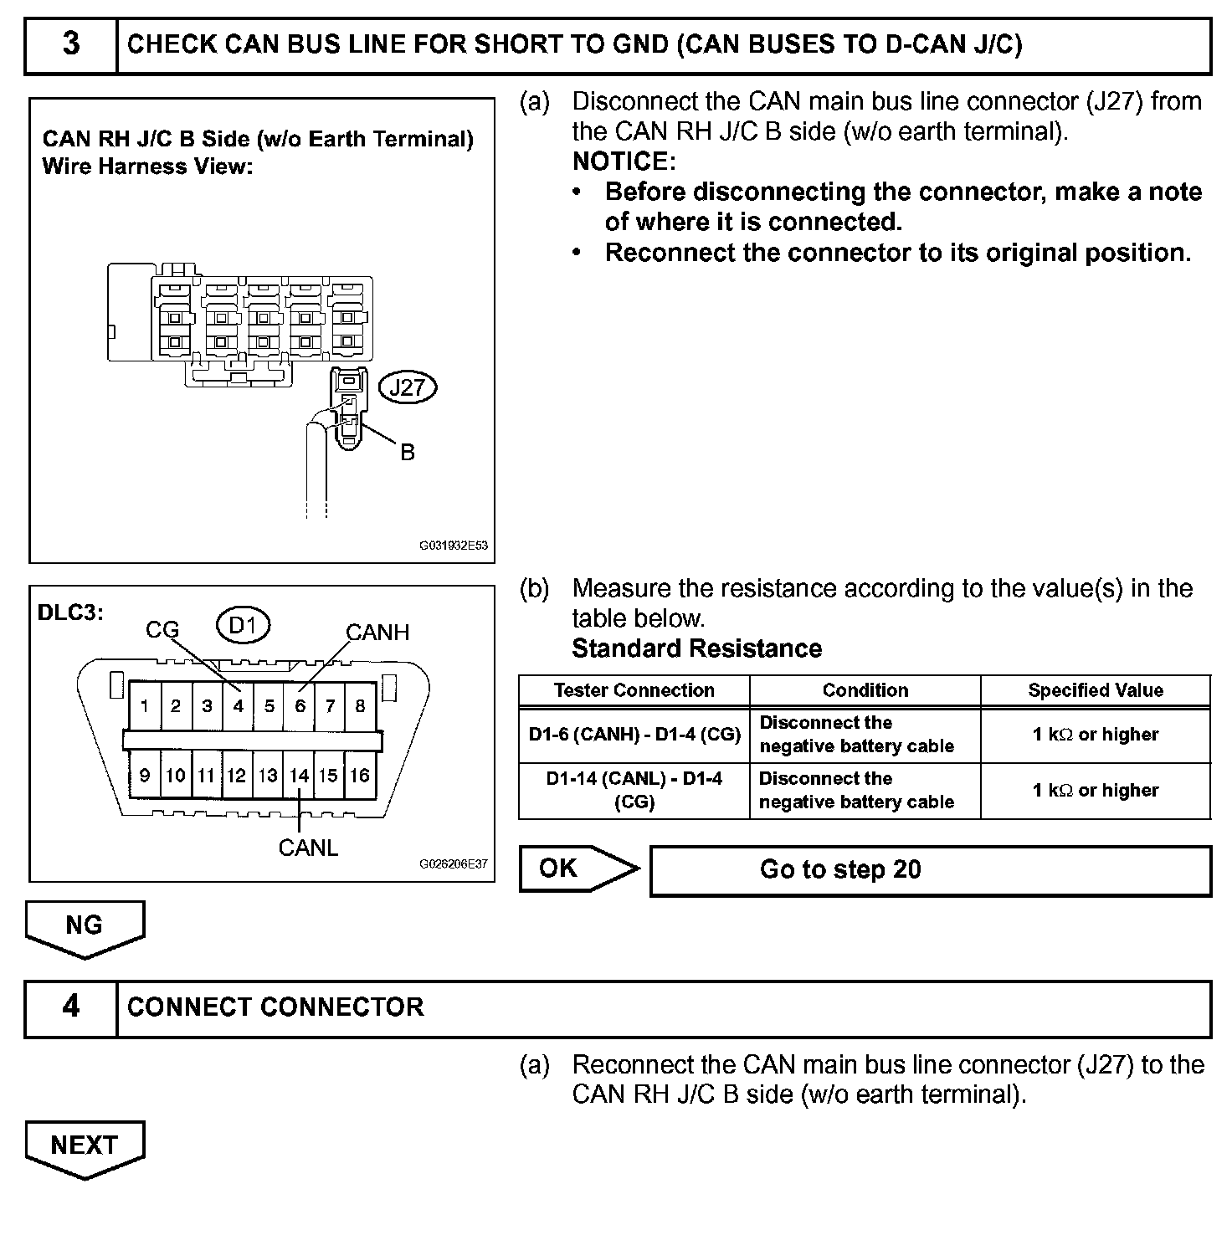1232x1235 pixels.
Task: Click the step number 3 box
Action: (71, 45)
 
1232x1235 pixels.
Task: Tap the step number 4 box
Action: (71, 1007)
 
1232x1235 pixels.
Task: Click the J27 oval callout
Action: (408, 387)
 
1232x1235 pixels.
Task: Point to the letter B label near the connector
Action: (408, 453)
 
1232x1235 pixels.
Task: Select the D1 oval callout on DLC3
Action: (243, 625)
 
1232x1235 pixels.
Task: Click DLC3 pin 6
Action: (300, 705)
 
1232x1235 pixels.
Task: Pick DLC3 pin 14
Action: (300, 776)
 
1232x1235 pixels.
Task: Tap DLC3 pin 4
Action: (238, 705)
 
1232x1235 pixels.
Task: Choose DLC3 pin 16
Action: (360, 776)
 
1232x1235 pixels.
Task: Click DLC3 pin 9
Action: (145, 776)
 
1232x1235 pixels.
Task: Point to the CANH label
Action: (377, 633)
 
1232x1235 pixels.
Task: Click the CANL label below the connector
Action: (308, 848)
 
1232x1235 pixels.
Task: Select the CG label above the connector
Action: (162, 629)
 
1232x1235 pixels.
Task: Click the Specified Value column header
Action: (1095, 690)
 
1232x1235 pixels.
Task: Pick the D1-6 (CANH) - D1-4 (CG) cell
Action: (634, 735)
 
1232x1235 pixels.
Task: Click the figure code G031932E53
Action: (453, 546)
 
